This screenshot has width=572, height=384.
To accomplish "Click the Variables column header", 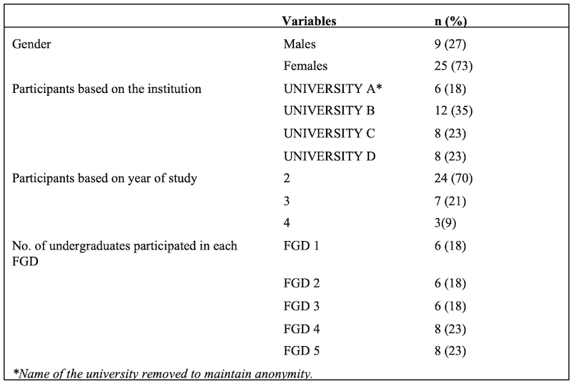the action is tap(310, 21).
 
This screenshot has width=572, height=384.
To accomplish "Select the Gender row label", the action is tap(34, 44).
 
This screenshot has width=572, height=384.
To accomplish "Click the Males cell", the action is tap(300, 44).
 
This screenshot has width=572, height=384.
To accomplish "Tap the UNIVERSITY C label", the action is tap(330, 134).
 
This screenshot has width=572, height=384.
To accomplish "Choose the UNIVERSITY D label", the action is tap(330, 156).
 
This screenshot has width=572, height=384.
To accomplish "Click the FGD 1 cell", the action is tap(302, 245).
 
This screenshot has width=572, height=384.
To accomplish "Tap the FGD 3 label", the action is tap(302, 306).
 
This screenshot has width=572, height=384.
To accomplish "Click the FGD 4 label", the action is tap(302, 328).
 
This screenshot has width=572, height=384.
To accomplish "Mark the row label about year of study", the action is tap(104, 178).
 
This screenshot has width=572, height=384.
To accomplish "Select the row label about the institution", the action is tap(107, 89).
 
